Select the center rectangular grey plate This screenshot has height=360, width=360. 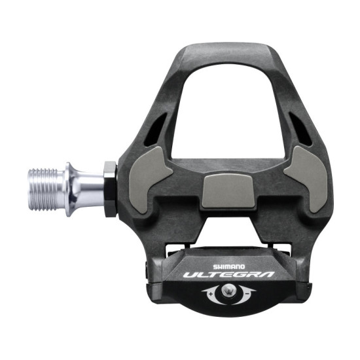(226, 189)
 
